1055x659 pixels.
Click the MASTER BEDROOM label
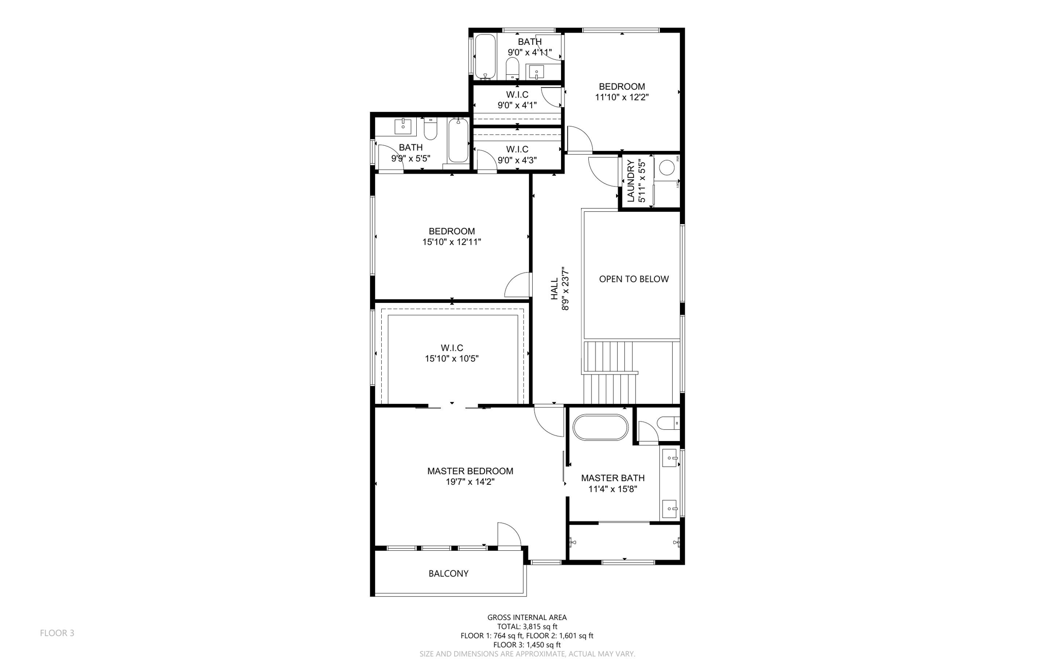[x=470, y=471]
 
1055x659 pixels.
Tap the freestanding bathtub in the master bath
[x=600, y=427]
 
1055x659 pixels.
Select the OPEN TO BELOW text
[x=634, y=279]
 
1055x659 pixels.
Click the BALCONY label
[x=448, y=573]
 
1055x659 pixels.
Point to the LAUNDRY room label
[x=631, y=181]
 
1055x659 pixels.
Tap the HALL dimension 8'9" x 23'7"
[x=566, y=289]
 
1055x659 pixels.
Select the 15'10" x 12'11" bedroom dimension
[x=452, y=242]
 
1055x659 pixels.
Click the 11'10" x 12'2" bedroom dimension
[x=622, y=97]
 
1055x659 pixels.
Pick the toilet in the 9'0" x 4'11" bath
[x=512, y=69]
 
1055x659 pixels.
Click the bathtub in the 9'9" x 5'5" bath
[x=457, y=140]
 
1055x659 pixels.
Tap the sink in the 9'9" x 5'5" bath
[x=403, y=125]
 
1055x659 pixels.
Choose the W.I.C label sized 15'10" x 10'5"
[x=452, y=348]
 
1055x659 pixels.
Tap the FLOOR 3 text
[x=57, y=633]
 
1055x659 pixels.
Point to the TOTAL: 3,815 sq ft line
[x=527, y=627]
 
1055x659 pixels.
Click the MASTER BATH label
[x=612, y=478]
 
